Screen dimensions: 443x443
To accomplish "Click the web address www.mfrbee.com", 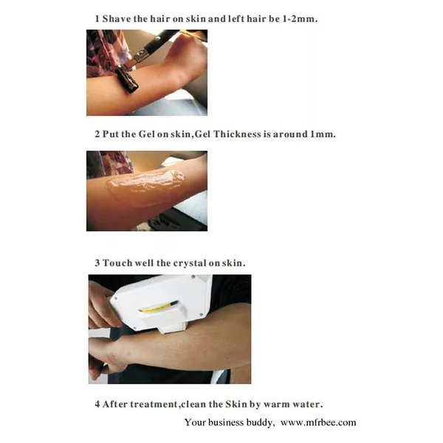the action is click(x=318, y=422).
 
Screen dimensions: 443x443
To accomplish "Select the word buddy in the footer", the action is click(x=260, y=422).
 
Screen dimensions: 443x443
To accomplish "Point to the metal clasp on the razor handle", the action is click(x=142, y=55).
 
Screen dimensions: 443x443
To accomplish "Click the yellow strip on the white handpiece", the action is click(x=158, y=307).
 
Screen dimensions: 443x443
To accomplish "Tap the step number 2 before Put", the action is click(x=97, y=134).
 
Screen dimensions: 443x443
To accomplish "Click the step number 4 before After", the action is click(x=97, y=405).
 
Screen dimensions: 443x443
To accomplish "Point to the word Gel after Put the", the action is click(x=147, y=134).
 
